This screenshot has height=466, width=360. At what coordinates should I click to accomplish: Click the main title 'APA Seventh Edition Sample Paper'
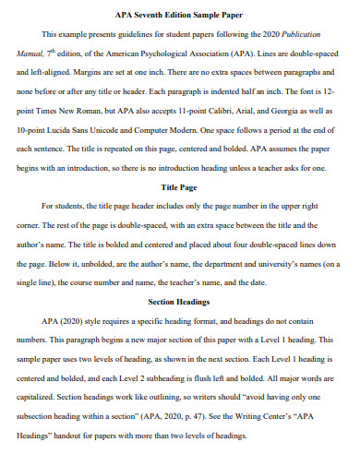180,14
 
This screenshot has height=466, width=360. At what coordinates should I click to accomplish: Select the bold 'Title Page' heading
180,186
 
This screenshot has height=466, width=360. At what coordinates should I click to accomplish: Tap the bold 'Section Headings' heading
180,302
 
